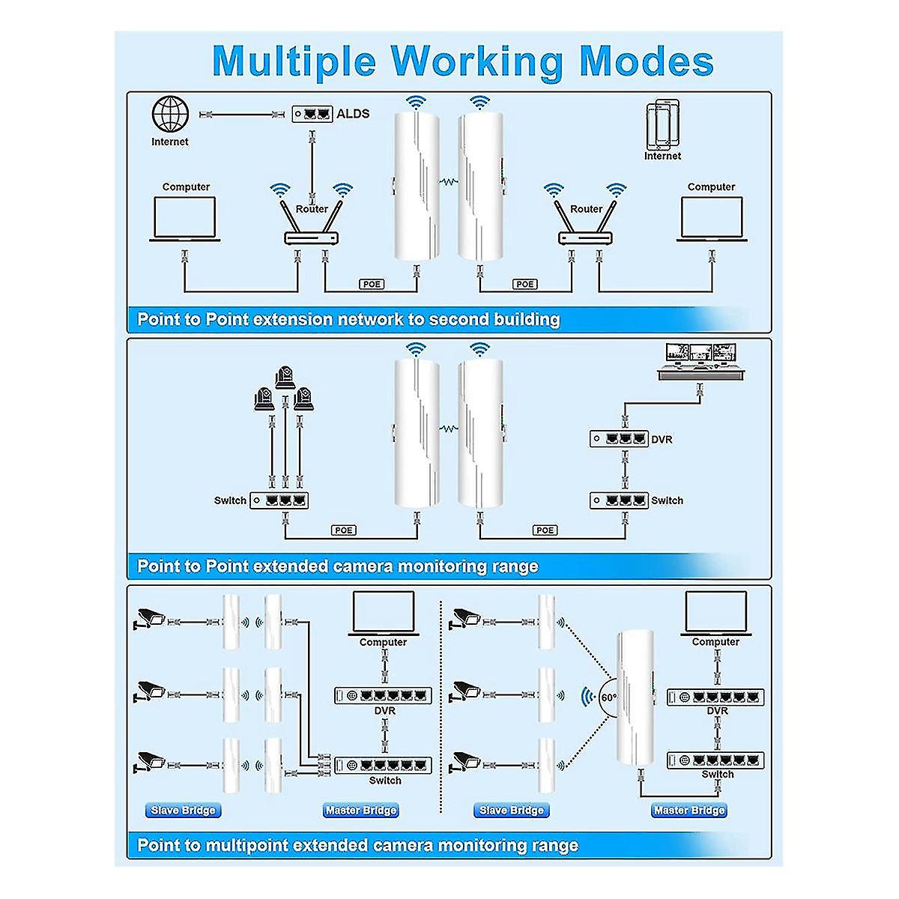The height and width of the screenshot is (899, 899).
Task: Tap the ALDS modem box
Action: (312, 114)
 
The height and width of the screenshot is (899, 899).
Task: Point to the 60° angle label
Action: (608, 697)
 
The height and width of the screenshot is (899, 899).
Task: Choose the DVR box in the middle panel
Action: (618, 438)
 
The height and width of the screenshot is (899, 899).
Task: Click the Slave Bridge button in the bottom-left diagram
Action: (183, 810)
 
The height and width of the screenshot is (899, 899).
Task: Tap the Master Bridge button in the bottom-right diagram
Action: (689, 810)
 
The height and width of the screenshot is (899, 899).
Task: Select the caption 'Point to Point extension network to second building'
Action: (348, 320)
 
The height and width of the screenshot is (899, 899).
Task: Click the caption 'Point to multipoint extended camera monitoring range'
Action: (357, 846)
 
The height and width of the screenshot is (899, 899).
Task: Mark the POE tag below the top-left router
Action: (372, 285)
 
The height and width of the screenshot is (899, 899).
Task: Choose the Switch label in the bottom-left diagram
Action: (385, 781)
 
